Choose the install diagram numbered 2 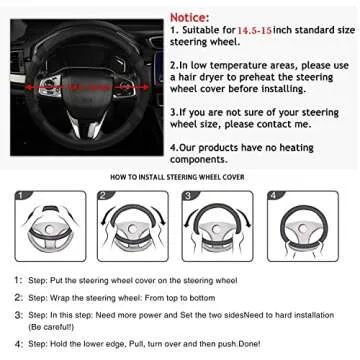131,226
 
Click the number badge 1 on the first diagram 20,195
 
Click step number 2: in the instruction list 19,298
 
